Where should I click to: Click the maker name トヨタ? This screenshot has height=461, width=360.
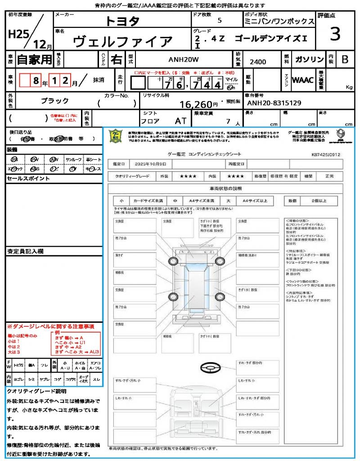click(122, 21)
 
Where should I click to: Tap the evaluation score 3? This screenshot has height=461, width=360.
click(334, 34)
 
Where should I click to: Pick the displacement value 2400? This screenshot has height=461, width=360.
click(257, 62)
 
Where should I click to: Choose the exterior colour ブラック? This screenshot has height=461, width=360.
click(54, 101)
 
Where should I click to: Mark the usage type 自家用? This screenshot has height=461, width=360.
click(34, 59)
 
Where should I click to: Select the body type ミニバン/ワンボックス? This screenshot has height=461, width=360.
click(279, 21)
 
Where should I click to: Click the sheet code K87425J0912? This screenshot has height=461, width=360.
click(326, 154)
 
